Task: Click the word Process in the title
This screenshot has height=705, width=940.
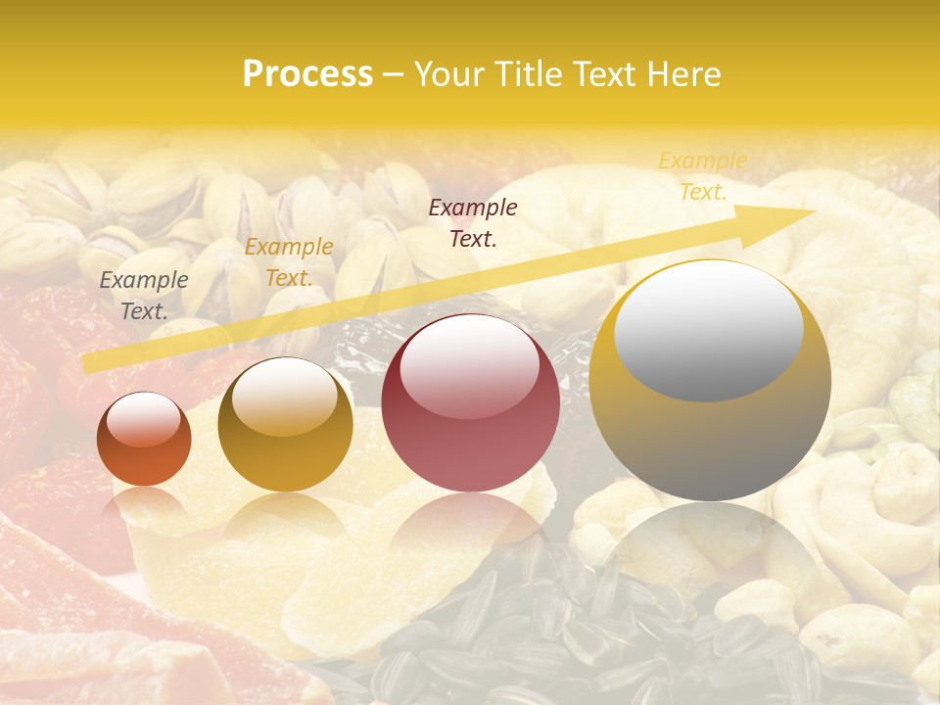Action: [307, 74]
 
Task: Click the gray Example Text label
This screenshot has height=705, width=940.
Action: [144, 296]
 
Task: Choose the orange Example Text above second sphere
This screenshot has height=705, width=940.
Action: [289, 262]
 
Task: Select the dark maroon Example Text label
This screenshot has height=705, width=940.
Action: [473, 222]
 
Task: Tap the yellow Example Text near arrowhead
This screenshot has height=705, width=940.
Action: [703, 176]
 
